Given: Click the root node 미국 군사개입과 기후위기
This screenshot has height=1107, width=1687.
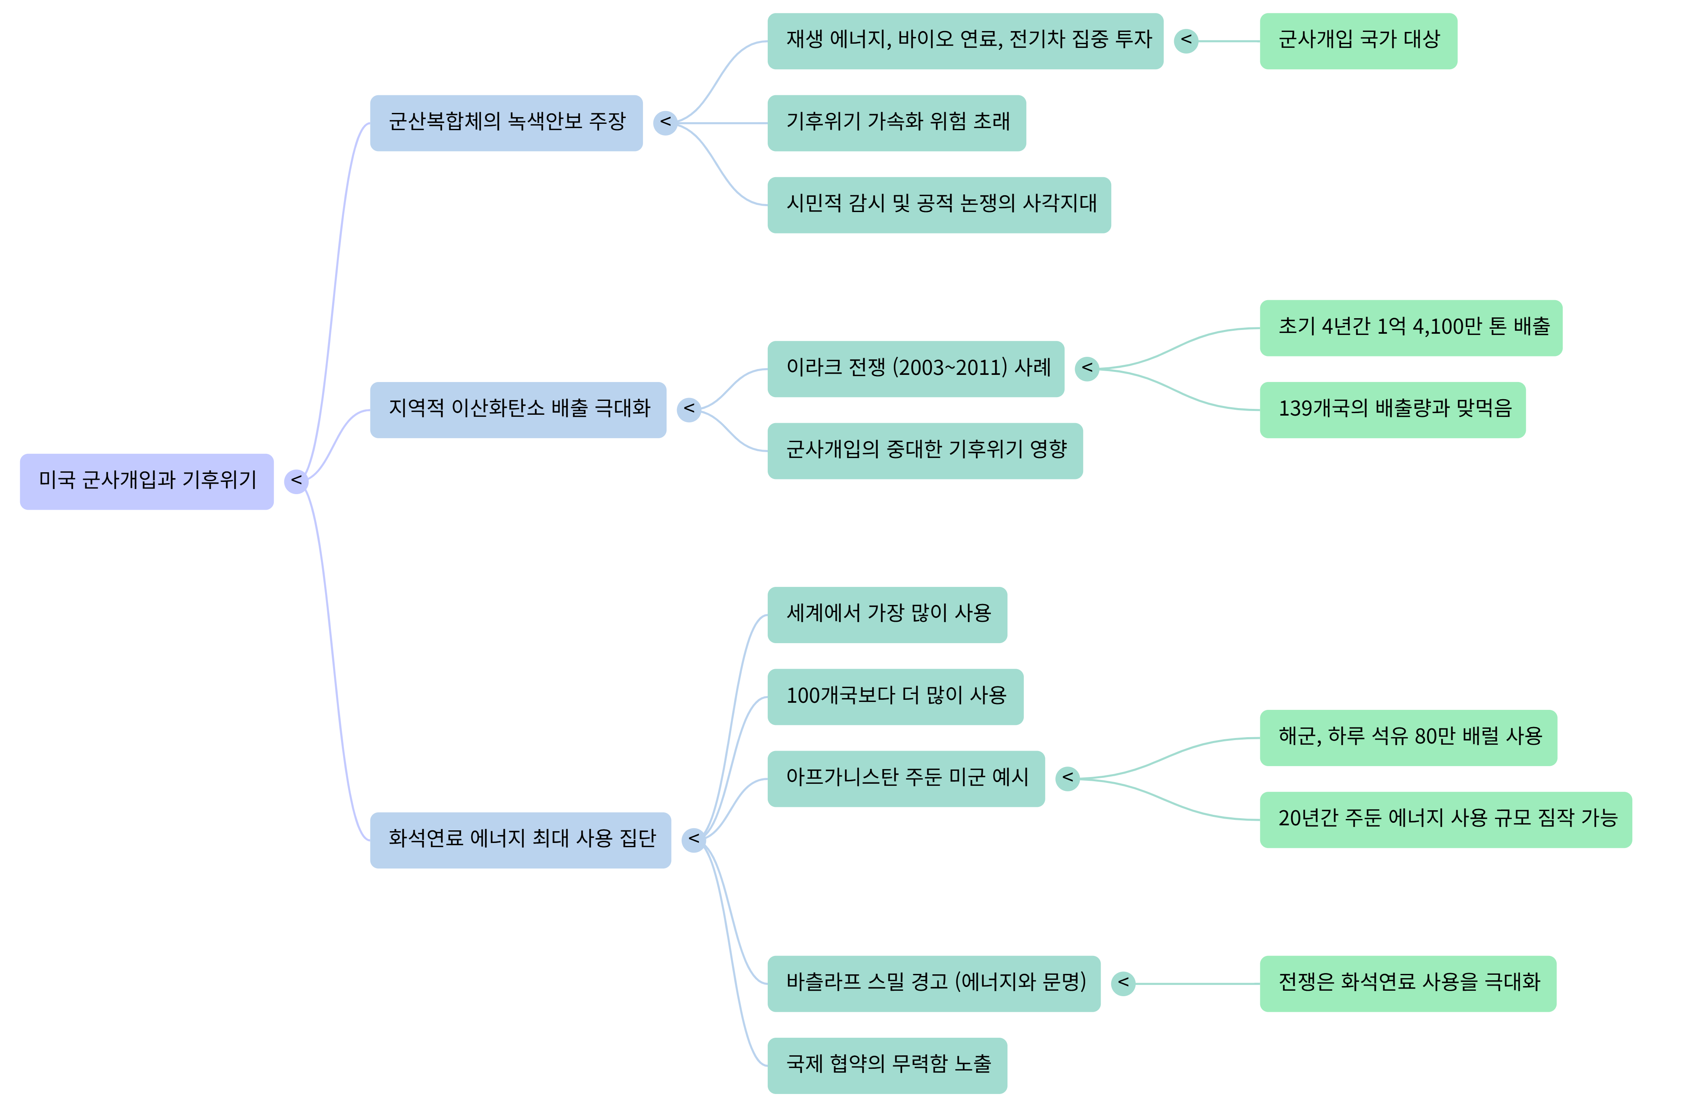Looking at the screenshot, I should pyautogui.click(x=147, y=481).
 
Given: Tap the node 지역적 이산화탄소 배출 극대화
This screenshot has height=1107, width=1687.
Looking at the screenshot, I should pyautogui.click(x=518, y=410).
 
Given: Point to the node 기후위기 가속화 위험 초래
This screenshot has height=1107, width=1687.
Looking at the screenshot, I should pyautogui.click(x=897, y=123).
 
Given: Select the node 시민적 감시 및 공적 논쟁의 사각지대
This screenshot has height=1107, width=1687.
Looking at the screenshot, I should pyautogui.click(x=939, y=205).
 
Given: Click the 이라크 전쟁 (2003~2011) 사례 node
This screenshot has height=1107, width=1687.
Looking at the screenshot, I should pyautogui.click(x=916, y=369).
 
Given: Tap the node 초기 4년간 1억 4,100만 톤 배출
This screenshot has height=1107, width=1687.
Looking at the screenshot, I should pyautogui.click(x=1411, y=327).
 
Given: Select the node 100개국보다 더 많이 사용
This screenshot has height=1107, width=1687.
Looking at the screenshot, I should pyautogui.click(x=895, y=697).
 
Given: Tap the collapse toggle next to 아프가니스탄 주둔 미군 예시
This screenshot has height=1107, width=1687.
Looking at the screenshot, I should pyautogui.click(x=1068, y=778).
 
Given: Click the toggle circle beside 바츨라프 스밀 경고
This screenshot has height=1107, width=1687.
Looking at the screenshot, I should pyautogui.click(x=1123, y=983).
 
